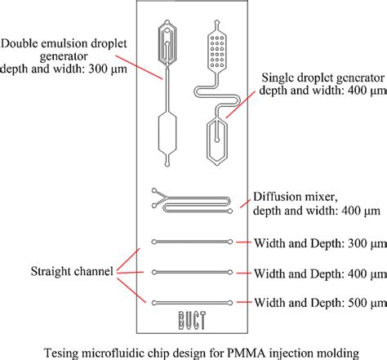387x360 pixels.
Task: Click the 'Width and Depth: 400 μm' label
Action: tap(313, 272)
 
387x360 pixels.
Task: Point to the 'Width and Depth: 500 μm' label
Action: tap(313, 301)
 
